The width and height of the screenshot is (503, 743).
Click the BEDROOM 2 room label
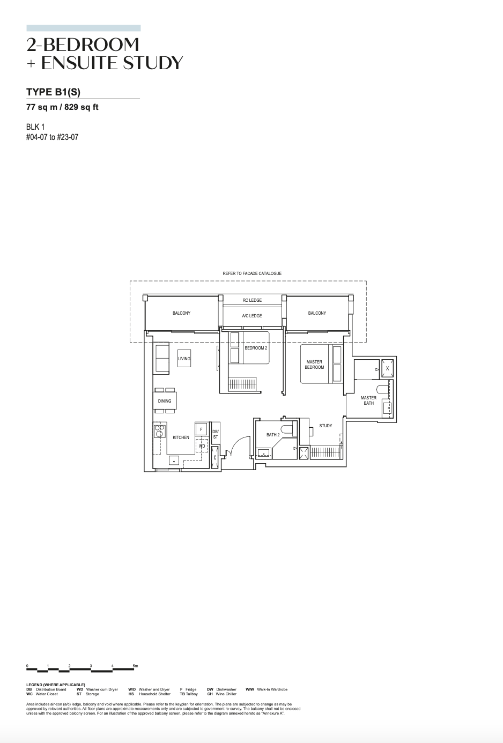pyautogui.click(x=256, y=348)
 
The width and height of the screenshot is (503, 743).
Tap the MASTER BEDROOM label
pyautogui.click(x=314, y=365)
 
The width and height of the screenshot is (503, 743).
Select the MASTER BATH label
pyautogui.click(x=368, y=400)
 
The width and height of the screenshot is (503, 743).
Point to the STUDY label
pyautogui.click(x=326, y=426)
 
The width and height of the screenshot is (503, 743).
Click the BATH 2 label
pyautogui.click(x=273, y=435)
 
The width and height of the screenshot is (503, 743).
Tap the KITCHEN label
pyautogui.click(x=181, y=437)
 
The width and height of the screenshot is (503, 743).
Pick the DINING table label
pyautogui.click(x=165, y=401)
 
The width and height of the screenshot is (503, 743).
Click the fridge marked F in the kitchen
pyautogui.click(x=201, y=429)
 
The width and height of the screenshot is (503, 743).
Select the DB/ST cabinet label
pyautogui.click(x=216, y=434)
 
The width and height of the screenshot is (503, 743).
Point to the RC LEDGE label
pyautogui.click(x=252, y=300)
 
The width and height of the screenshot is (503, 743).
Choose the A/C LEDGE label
pyautogui.click(x=252, y=316)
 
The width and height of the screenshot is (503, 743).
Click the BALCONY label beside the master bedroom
pyautogui.click(x=317, y=313)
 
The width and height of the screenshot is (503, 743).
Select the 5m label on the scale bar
pyautogui.click(x=135, y=666)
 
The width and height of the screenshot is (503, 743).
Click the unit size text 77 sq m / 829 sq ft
pyautogui.click(x=62, y=107)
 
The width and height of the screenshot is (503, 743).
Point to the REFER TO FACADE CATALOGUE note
pyautogui.click(x=252, y=273)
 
